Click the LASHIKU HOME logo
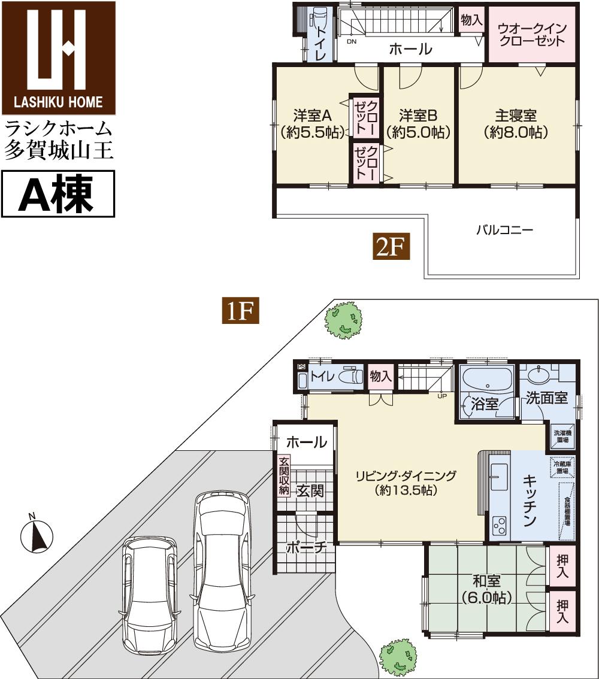coord(58,58)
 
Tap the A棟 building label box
coord(58,193)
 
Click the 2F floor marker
coord(392,247)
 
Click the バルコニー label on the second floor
coord(504,229)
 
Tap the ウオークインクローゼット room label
coord(531,35)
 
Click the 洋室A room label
coord(312,123)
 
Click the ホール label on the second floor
coord(410,49)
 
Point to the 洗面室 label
coord(546,398)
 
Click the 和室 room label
coord(486,588)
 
